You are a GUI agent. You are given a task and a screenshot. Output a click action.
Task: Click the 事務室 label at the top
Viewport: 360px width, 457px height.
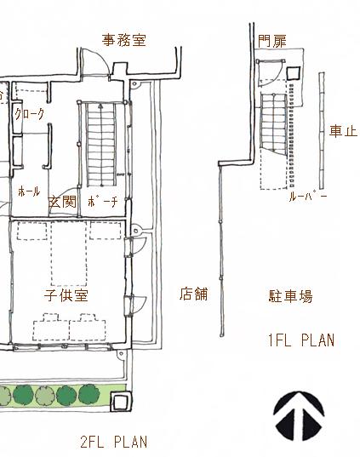click(x=124, y=40)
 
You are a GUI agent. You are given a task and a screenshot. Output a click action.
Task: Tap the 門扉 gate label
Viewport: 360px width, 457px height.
click(x=272, y=41)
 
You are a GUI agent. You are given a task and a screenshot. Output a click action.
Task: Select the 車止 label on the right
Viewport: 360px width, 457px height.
click(x=343, y=131)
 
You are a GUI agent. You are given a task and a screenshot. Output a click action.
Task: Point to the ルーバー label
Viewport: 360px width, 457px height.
click(x=307, y=197)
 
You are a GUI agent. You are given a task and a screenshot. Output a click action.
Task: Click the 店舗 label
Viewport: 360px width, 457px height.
click(x=193, y=294)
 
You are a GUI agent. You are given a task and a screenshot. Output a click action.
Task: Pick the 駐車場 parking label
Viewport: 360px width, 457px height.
click(x=290, y=296)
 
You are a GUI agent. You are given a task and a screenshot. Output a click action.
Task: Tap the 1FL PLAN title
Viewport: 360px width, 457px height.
click(x=300, y=340)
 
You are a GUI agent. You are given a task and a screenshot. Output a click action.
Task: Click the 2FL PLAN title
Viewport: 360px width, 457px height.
click(x=114, y=442)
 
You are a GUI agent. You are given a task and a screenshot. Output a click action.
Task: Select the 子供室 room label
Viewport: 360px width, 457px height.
click(x=66, y=295)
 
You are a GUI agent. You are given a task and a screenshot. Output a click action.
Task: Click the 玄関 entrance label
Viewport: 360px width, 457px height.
click(x=62, y=202)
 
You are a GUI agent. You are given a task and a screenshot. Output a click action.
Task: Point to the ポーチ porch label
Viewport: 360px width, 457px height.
click(x=103, y=202)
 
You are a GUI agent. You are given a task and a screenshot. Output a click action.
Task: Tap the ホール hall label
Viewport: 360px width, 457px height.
click(x=29, y=191)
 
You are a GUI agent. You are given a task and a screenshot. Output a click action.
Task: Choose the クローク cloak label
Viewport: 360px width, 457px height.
click(x=30, y=114)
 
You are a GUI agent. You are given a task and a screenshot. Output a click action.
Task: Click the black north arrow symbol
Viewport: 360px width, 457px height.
click(x=299, y=416)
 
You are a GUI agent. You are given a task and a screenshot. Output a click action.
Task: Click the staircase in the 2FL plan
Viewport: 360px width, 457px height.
click(x=101, y=145)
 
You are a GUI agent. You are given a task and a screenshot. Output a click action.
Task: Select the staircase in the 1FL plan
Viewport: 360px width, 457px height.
click(x=274, y=123)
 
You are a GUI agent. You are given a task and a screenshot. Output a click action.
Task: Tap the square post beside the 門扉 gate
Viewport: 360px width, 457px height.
click(x=294, y=73)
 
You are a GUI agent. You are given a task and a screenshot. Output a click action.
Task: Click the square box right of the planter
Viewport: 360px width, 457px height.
click(x=121, y=402)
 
